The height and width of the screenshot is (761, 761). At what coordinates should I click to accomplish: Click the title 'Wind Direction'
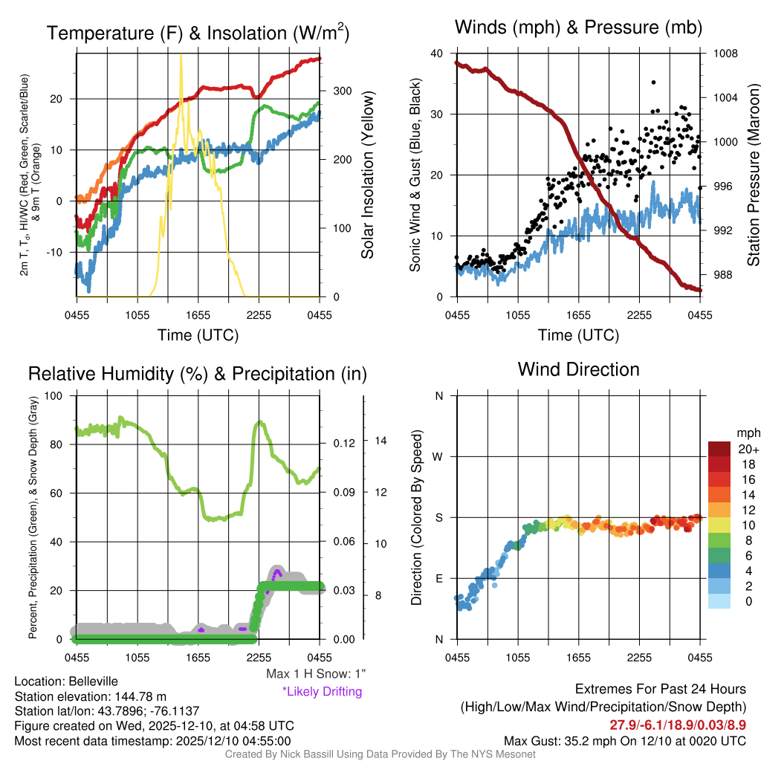point(578,369)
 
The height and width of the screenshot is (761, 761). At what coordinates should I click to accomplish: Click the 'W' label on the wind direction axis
point(438,456)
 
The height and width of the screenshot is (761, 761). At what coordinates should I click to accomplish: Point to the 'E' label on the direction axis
point(439,578)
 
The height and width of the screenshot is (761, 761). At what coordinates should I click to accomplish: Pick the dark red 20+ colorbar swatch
point(720,449)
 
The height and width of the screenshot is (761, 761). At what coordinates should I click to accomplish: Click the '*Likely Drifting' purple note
point(322,692)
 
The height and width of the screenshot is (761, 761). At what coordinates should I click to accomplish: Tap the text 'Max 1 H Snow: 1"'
point(316,674)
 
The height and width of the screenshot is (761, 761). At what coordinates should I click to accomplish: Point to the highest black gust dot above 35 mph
point(653,82)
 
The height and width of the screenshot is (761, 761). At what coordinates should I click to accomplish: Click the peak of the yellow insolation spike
point(181,55)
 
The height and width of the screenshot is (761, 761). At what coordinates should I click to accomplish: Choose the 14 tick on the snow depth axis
point(380,441)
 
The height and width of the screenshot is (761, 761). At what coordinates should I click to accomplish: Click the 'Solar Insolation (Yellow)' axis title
point(367,175)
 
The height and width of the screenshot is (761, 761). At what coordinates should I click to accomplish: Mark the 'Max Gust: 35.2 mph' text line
point(624,741)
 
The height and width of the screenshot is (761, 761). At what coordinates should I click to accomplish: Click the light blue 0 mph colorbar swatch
point(720,601)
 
